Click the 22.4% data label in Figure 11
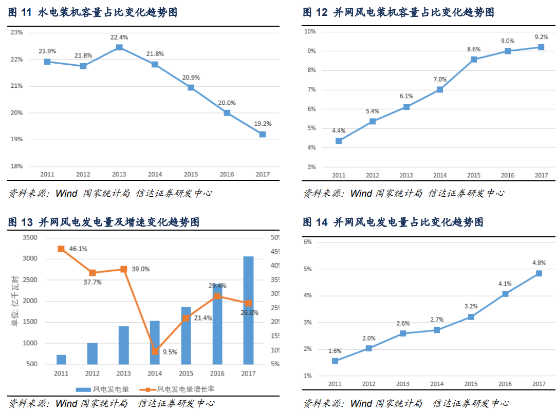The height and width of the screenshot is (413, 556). tap(119, 37)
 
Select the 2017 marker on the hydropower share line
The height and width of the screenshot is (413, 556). tap(263, 135)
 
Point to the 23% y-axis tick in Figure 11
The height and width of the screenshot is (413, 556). tap(17, 32)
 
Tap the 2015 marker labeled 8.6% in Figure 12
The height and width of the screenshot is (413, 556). tap(474, 60)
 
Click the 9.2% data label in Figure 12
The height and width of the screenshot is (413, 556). tap(541, 37)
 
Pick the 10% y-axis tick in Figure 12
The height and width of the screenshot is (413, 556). tap(310, 31)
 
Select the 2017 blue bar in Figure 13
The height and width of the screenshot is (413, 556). tap(248, 310)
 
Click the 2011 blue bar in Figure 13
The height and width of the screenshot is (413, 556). tap(61, 360)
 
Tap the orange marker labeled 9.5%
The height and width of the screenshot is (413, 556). tap(155, 351)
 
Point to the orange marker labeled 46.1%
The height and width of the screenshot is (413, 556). tap(61, 249)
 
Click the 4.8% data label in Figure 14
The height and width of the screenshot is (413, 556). tap(539, 263)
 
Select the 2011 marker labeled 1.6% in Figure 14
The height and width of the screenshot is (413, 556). tap(335, 361)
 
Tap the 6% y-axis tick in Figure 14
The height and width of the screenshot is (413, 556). tap(307, 242)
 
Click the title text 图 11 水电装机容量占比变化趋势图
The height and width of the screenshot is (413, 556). tap(92, 12)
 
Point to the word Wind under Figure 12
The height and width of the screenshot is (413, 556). tap(361, 194)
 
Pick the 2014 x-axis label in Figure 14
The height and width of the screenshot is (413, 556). tap(437, 384)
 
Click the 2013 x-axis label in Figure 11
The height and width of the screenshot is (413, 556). tap(119, 174)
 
